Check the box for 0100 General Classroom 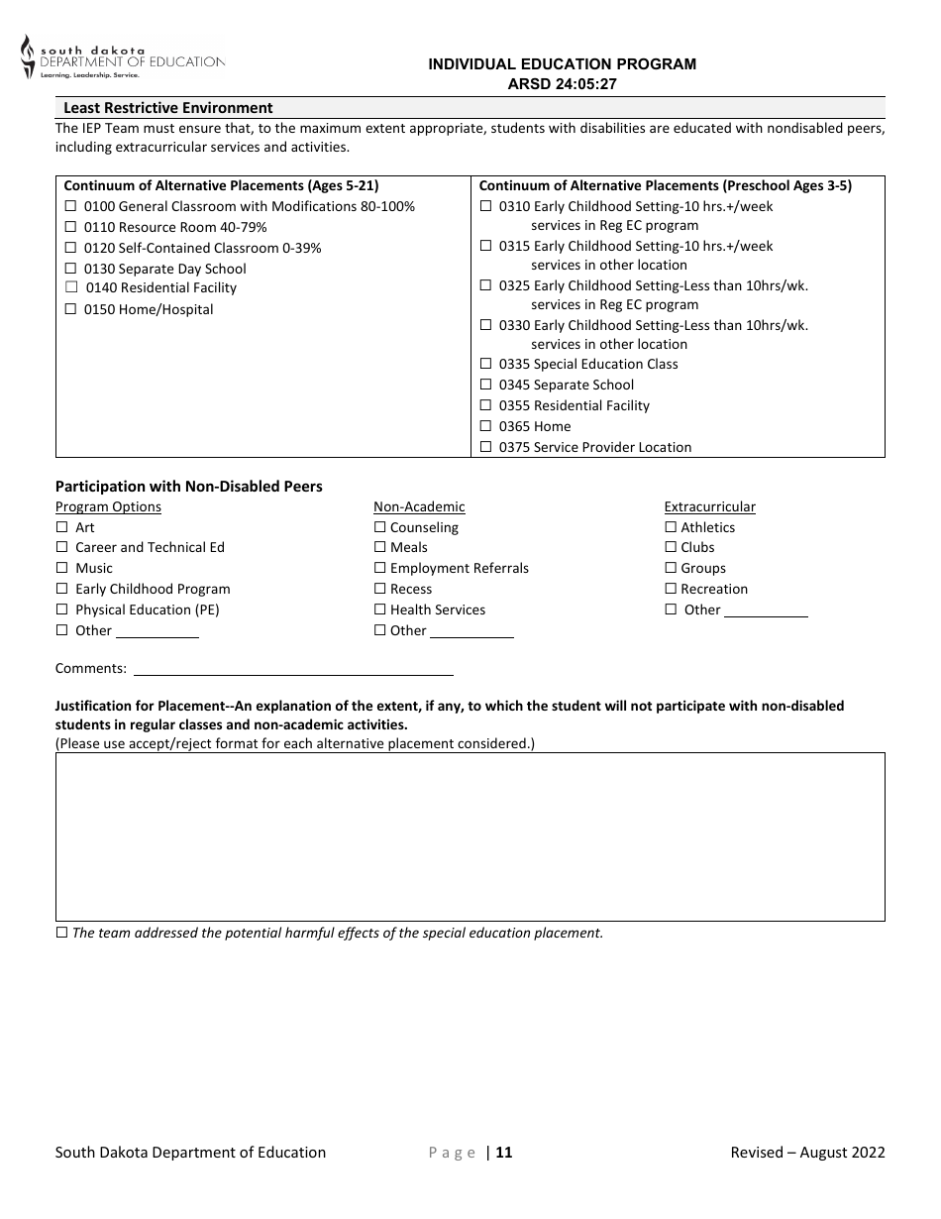coord(70,207)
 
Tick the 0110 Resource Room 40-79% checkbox coord(70,228)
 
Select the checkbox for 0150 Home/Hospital coord(70,309)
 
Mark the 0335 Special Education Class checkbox coord(485,365)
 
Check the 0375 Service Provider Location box coord(485,448)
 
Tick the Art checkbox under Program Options coord(62,528)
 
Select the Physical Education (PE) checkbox coord(62,610)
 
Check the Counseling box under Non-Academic coord(379,528)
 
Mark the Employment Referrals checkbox coord(379,569)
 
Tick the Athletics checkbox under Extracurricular coord(671,528)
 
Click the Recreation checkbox coord(671,590)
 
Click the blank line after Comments coord(293,669)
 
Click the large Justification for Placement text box coord(470,837)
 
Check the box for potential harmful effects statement coord(62,934)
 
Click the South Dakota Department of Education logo coord(122,58)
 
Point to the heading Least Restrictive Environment coord(168,108)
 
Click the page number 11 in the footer coord(504,1153)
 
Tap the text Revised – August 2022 coord(807,1153)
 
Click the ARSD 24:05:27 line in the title coord(562,84)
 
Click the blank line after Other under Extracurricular coord(766,611)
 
